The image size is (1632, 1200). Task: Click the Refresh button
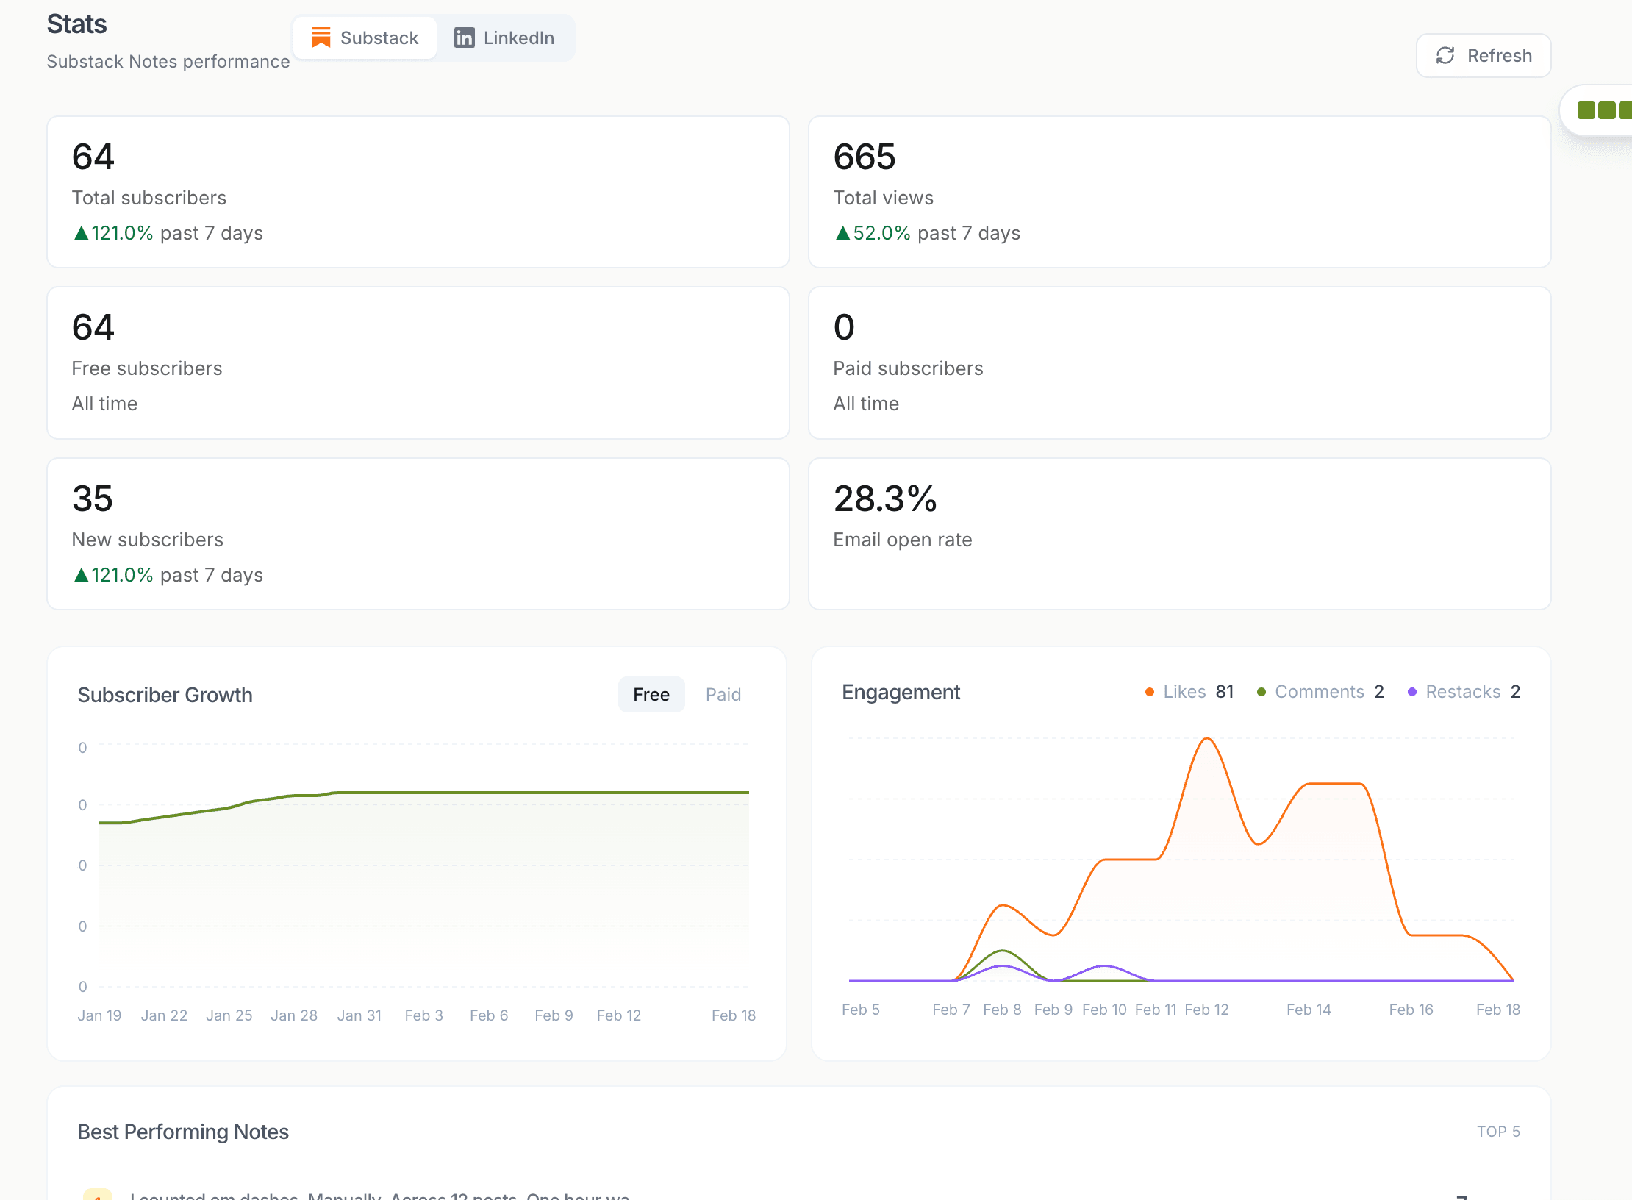point(1484,56)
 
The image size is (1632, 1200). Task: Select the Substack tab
point(365,38)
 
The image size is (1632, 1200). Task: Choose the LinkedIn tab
point(504,38)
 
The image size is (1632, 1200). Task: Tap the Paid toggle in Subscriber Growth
point(723,695)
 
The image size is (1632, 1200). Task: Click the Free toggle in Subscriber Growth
point(651,695)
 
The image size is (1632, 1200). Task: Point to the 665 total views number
point(864,157)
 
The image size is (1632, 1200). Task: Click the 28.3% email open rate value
point(884,499)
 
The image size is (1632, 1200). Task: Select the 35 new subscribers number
point(93,499)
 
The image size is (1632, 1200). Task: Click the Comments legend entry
point(1319,692)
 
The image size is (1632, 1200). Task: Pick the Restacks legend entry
point(1462,692)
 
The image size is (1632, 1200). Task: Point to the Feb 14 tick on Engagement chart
point(1309,1010)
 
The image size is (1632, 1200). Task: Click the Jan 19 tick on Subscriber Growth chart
point(99,1015)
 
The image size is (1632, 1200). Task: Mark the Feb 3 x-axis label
point(424,1015)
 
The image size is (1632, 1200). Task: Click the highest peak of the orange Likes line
point(1206,739)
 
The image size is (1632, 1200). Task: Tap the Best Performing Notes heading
point(183,1132)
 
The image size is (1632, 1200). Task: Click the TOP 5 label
point(1498,1132)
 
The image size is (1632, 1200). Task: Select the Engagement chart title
point(901,692)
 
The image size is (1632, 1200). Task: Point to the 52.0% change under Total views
point(881,233)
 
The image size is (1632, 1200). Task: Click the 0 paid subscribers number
point(844,327)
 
